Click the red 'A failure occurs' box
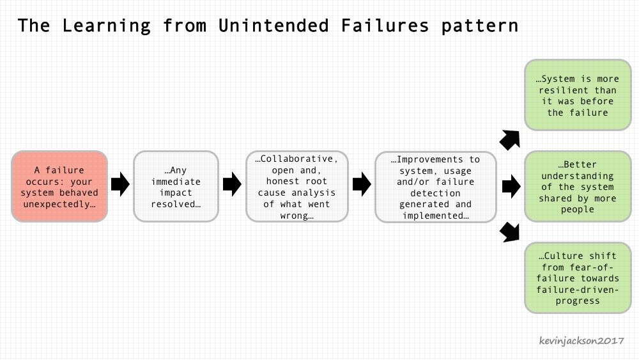[59, 186]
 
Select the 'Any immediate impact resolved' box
[176, 186]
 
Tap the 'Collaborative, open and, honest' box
[297, 186]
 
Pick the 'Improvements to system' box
[436, 187]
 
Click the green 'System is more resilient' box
[578, 95]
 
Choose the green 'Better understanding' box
[578, 186]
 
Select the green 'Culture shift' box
[578, 278]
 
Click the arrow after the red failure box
[120, 184]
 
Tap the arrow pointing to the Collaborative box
[233, 184]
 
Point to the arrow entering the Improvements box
[362, 184]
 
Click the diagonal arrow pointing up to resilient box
[510, 140]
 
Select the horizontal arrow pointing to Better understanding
[511, 187]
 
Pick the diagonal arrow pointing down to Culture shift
[510, 232]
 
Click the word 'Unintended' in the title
[273, 26]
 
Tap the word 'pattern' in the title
[480, 26]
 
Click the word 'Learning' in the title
[106, 26]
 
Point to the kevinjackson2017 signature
[581, 340]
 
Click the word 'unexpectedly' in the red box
[59, 204]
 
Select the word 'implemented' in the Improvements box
[436, 215]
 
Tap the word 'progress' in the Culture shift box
[578, 301]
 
